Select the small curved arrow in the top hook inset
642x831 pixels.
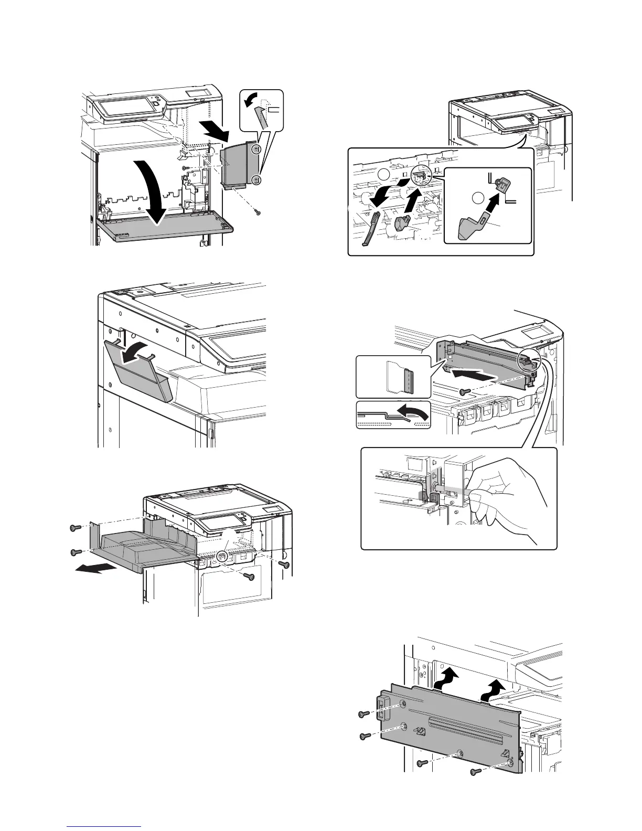tap(253, 99)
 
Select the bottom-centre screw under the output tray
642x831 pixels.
tap(250, 577)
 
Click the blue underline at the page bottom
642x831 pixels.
tap(105, 827)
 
